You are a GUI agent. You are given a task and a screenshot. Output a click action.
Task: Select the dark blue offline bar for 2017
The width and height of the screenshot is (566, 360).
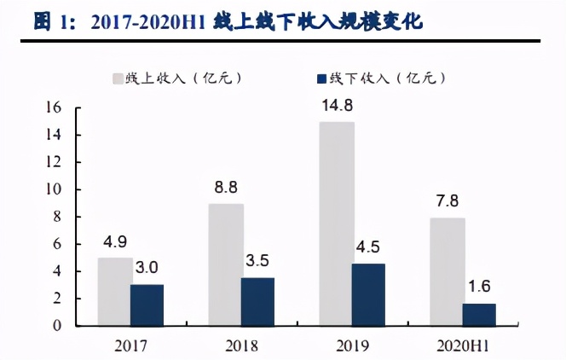coord(147,305)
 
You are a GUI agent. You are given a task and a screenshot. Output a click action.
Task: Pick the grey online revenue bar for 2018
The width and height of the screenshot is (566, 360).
coord(226,264)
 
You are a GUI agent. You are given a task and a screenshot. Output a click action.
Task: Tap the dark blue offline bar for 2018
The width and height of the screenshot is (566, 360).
coord(258,301)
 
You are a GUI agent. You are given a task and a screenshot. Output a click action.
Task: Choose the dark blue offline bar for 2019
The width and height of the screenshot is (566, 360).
coord(368,294)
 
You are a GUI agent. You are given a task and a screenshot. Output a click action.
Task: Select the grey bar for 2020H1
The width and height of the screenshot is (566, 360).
coord(448,271)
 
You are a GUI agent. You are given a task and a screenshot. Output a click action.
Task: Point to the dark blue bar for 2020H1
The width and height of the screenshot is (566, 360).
coord(479,314)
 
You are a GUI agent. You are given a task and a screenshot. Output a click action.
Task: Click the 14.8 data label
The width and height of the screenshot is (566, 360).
coord(337,107)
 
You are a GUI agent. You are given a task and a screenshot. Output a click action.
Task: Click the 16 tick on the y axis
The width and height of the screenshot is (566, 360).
coord(55,107)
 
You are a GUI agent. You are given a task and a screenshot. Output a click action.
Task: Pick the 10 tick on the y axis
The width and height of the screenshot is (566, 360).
coord(55,189)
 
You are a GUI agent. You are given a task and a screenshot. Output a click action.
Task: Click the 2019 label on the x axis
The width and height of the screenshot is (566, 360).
coord(351,345)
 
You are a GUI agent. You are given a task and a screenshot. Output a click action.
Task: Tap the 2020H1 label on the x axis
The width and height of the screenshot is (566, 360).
coord(465,345)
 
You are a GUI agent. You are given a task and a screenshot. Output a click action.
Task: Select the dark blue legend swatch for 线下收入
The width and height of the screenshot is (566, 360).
coord(321,78)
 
